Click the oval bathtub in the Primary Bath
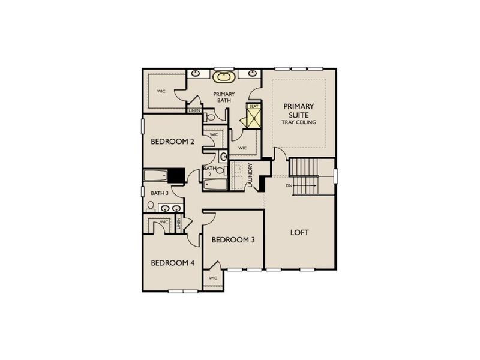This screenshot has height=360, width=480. click(x=223, y=77)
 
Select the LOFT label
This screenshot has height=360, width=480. click(x=299, y=232)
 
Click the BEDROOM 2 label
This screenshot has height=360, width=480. click(x=172, y=142)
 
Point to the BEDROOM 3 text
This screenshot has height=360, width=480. click(x=233, y=239)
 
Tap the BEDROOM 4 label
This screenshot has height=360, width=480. click(x=172, y=263)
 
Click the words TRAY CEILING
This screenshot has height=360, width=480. click(x=299, y=122)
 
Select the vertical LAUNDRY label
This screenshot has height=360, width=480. click(x=250, y=176)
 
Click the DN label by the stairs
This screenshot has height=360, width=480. click(x=289, y=185)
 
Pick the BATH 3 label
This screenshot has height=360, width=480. click(x=160, y=193)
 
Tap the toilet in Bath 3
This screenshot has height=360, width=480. click(x=151, y=207)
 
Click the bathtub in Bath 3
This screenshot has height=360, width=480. click(x=155, y=176)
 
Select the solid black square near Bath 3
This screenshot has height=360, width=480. click(x=176, y=175)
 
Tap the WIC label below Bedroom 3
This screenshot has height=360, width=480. click(x=212, y=278)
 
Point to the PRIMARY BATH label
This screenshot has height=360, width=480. click(x=225, y=97)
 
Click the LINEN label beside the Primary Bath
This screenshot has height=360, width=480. click(x=194, y=110)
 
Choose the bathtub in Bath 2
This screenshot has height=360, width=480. click(x=215, y=184)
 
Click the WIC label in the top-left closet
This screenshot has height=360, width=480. click(x=161, y=91)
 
